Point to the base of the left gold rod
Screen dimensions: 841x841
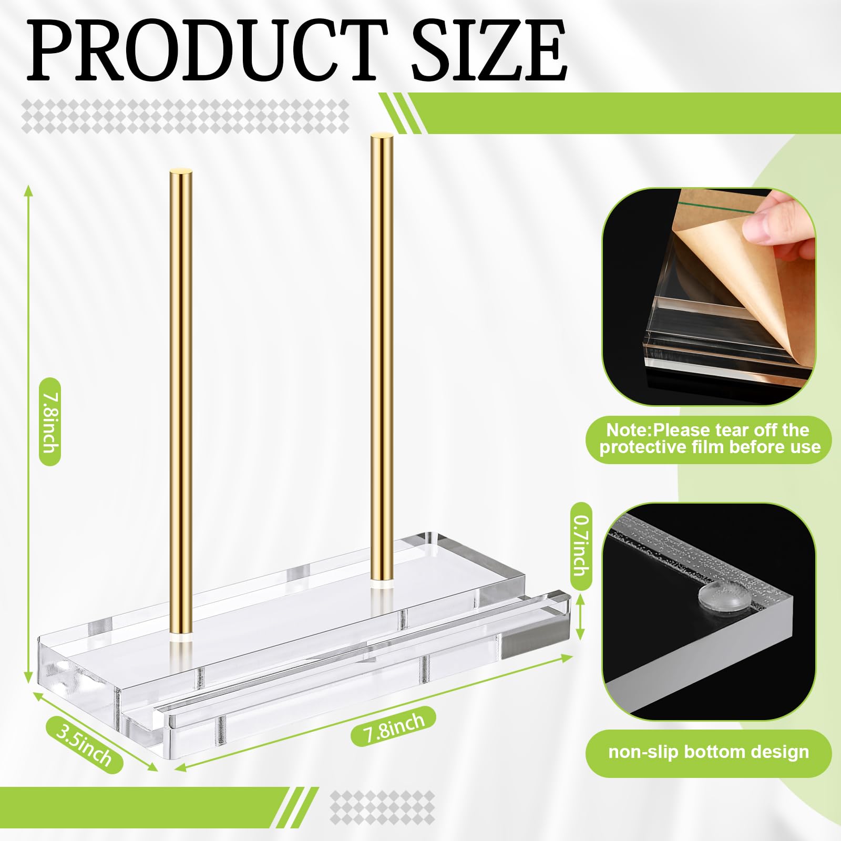180,637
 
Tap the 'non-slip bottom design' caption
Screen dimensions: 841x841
709,752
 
